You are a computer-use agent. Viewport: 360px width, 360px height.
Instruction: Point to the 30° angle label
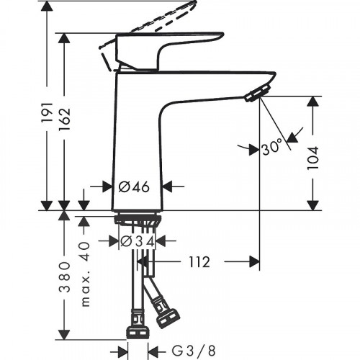tap(272, 148)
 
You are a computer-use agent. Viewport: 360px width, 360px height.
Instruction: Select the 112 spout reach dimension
tap(196, 262)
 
